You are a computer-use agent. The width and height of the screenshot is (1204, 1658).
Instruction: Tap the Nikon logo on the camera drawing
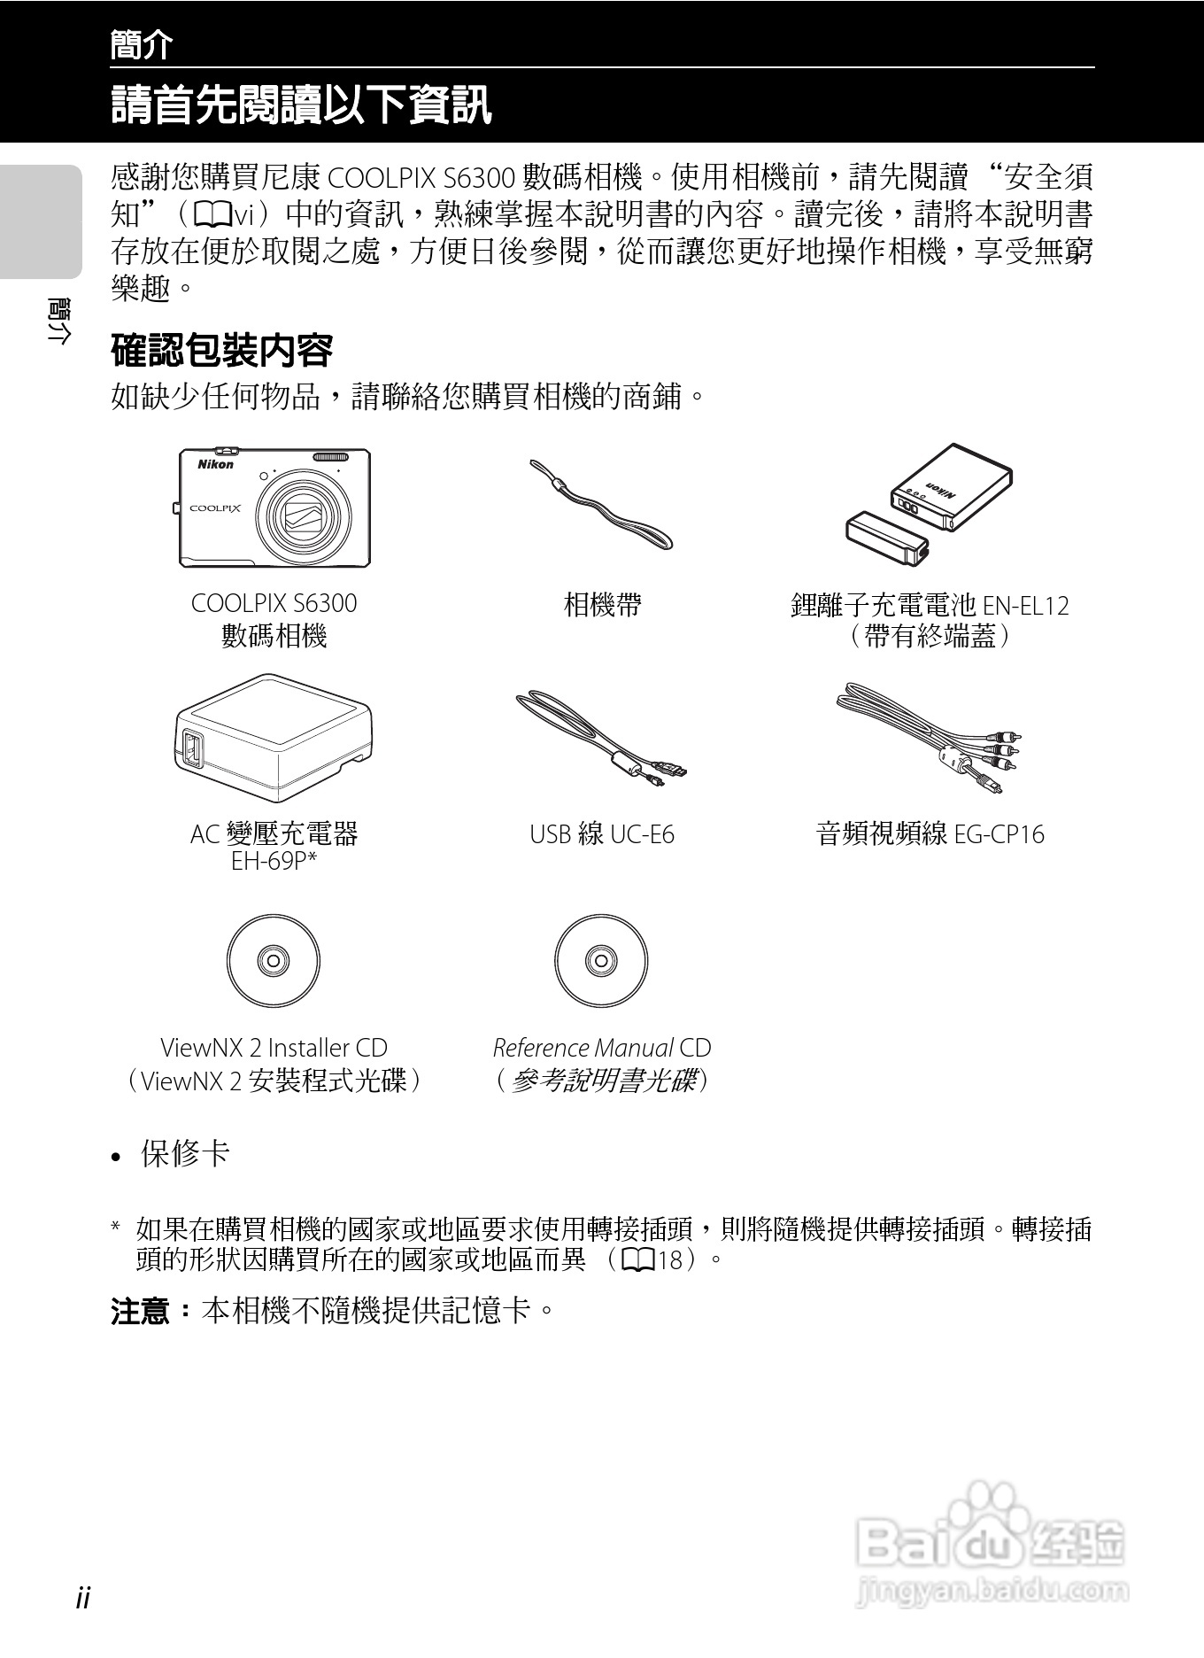click(215, 464)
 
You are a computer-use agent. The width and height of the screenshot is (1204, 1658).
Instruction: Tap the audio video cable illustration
click(930, 735)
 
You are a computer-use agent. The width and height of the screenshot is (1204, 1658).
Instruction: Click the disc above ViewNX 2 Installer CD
click(273, 961)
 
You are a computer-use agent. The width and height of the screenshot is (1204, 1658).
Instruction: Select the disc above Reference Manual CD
click(601, 961)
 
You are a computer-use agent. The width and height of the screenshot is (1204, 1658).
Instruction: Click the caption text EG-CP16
click(999, 834)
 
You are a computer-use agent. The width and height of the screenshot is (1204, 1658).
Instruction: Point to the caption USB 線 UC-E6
click(601, 834)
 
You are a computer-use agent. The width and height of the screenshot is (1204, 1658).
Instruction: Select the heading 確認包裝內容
click(221, 351)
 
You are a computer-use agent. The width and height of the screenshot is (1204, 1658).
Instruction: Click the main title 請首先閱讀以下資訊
click(301, 105)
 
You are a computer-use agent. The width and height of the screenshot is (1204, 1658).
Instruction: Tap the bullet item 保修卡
click(185, 1153)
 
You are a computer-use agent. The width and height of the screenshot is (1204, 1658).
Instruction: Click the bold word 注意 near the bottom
click(141, 1310)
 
